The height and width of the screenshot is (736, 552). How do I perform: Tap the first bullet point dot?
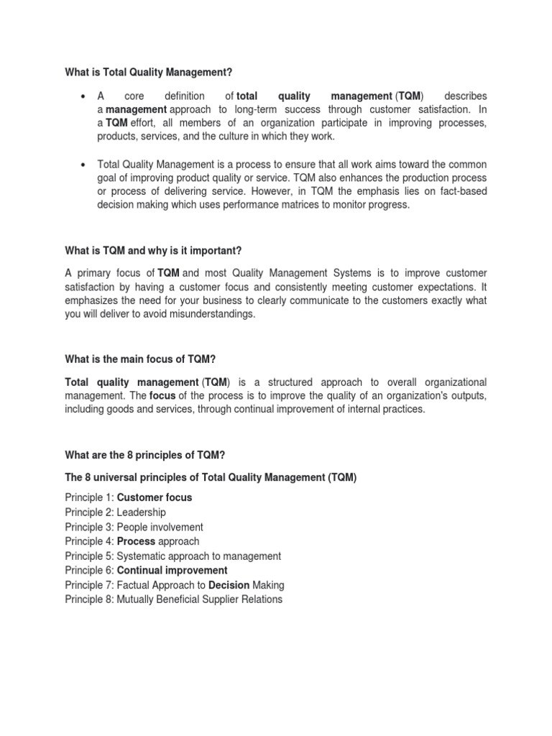(84, 96)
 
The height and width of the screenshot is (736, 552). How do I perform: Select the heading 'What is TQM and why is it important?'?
(153, 250)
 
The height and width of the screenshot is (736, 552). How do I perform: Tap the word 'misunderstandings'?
(212, 314)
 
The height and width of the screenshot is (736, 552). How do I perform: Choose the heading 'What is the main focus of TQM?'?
(140, 359)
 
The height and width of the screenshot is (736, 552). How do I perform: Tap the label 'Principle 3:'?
(89, 527)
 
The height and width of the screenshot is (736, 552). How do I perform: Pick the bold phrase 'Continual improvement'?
(172, 571)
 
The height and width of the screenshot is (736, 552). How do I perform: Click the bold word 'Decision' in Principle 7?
(229, 585)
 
